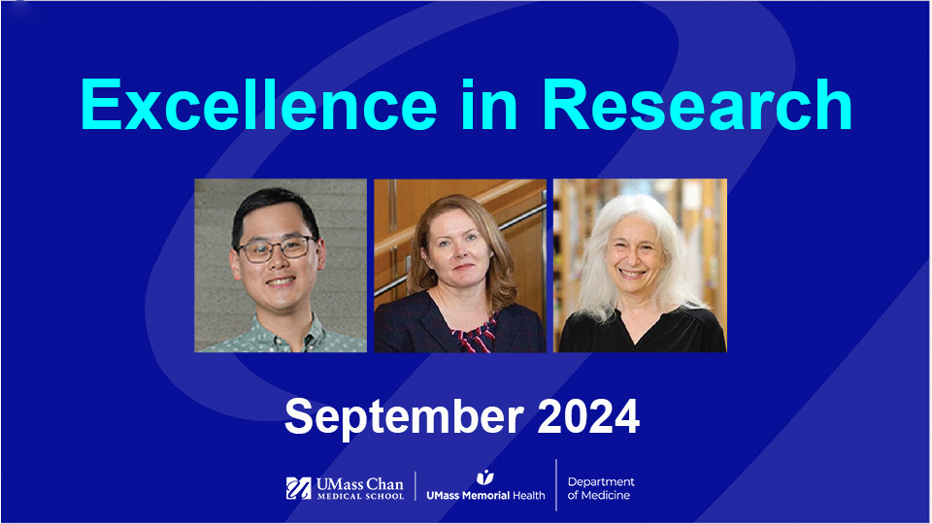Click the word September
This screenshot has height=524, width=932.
pyautogui.click(x=402, y=416)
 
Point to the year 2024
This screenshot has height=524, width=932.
pyautogui.click(x=585, y=416)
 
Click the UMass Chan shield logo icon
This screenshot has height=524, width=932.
pyautogui.click(x=298, y=488)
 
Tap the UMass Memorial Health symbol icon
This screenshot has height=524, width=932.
pyautogui.click(x=484, y=476)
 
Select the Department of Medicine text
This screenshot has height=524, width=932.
pyautogui.click(x=601, y=488)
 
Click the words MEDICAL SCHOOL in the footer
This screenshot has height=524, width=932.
pyautogui.click(x=359, y=496)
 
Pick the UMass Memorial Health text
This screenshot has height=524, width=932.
pyautogui.click(x=485, y=495)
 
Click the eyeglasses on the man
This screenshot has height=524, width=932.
pyautogui.click(x=275, y=248)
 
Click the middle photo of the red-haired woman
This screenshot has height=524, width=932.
pyautogui.click(x=460, y=265)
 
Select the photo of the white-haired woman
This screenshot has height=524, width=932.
pyautogui.click(x=640, y=265)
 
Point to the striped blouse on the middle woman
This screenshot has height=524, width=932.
pyautogui.click(x=473, y=336)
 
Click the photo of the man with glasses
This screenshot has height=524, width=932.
pyautogui.click(x=281, y=265)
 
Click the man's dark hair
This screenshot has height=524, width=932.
pyautogui.click(x=275, y=206)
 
